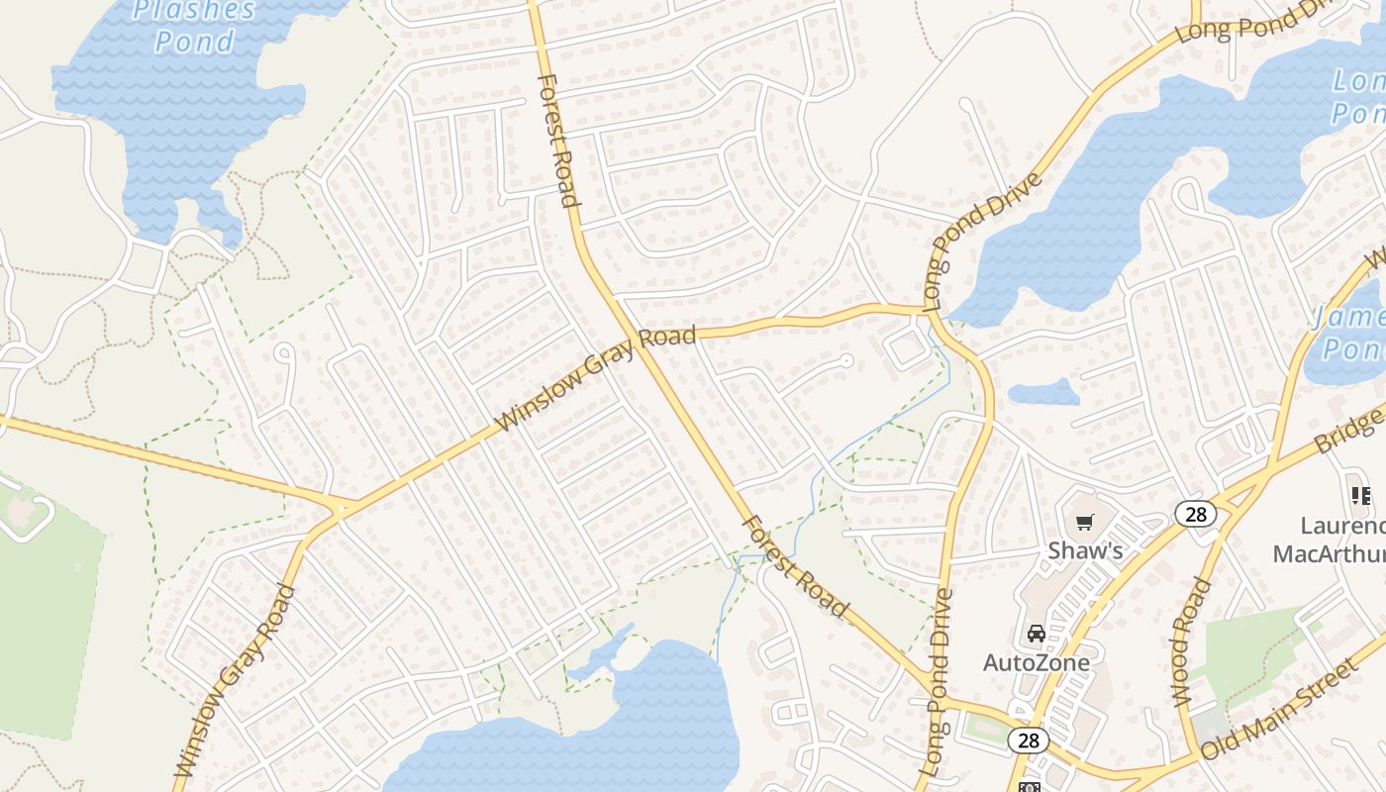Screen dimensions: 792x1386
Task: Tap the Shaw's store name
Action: click(1085, 549)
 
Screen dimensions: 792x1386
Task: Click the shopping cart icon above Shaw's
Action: click(1085, 522)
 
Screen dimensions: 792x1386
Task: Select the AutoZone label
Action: click(1036, 662)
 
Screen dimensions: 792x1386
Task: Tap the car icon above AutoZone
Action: click(1036, 634)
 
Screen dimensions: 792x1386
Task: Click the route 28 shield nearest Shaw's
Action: click(1195, 513)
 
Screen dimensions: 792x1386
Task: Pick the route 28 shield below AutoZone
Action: click(1028, 740)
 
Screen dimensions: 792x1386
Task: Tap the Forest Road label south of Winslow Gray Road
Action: click(796, 566)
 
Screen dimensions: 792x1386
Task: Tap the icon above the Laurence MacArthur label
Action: click(1360, 494)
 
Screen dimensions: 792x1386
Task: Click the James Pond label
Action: click(1348, 333)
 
